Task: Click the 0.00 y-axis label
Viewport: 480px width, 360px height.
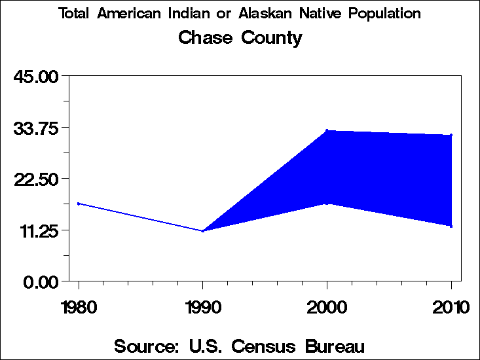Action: [x=41, y=281]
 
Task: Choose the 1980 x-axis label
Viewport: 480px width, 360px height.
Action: [x=79, y=306]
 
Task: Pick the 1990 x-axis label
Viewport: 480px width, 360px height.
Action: [x=203, y=306]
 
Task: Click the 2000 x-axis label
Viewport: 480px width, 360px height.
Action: [x=327, y=306]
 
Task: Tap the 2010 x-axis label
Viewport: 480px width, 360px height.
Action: [x=451, y=306]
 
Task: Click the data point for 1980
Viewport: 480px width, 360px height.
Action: [x=79, y=204]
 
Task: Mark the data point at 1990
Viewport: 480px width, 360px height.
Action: [x=203, y=231]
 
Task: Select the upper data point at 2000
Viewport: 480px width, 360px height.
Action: [x=327, y=130]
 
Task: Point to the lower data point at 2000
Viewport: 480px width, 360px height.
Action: [x=327, y=204]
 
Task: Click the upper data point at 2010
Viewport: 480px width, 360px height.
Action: [x=451, y=135]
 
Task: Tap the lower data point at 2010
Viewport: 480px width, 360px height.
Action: [x=451, y=226]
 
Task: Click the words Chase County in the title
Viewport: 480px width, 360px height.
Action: [x=240, y=37]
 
